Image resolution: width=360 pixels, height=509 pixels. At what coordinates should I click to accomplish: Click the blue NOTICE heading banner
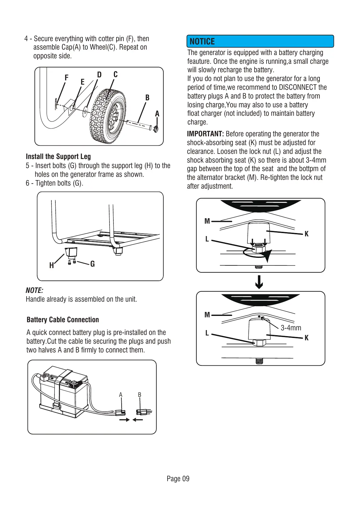(x=260, y=41)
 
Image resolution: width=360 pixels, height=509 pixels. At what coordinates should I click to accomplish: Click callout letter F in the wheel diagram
(x=67, y=78)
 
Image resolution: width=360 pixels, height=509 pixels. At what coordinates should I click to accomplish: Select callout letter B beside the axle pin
(x=147, y=98)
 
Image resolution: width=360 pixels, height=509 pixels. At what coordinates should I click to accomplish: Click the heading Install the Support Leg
(x=58, y=156)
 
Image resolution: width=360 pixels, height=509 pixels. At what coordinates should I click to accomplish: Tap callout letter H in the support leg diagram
(x=51, y=265)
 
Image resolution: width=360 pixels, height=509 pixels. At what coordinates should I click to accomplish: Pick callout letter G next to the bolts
(x=93, y=264)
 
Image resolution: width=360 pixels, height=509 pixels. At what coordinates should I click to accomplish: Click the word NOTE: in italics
(x=34, y=290)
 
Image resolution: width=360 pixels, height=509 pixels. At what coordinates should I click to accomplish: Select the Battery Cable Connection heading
(x=63, y=320)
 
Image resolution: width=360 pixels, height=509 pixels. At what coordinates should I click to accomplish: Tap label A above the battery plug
(x=121, y=395)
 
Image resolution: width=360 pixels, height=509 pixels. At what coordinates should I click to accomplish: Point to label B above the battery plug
(x=139, y=395)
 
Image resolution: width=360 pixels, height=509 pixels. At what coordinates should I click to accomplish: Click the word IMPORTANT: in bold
(x=205, y=134)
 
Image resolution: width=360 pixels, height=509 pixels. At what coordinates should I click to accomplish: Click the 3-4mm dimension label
(x=291, y=328)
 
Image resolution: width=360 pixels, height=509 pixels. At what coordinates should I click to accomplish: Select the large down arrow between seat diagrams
(x=259, y=282)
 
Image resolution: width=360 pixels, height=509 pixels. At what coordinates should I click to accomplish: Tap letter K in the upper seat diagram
(x=306, y=234)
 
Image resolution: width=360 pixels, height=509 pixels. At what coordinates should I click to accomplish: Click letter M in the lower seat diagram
(x=207, y=315)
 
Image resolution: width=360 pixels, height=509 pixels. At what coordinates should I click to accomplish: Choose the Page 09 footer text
(x=178, y=478)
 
